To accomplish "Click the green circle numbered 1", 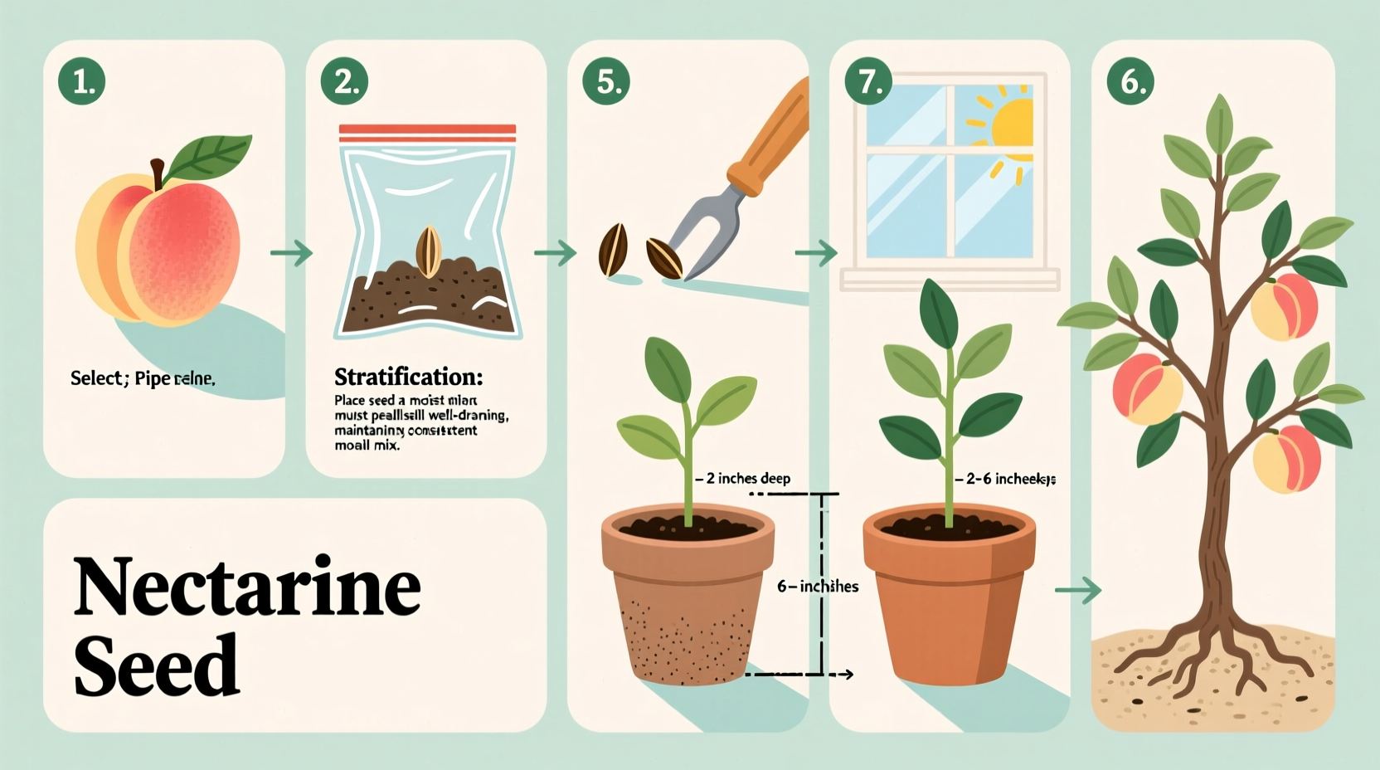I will [82, 81].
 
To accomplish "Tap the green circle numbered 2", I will [344, 81].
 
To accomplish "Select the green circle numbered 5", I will [606, 81].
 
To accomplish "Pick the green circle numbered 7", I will [868, 81].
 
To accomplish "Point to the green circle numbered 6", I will [1130, 81].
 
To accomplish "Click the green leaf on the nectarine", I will [210, 157].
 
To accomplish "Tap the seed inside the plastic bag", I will [428, 251].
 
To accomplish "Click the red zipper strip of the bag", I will [427, 133].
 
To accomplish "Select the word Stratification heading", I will [408, 378].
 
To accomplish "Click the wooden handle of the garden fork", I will [771, 137].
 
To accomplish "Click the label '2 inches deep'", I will [747, 479].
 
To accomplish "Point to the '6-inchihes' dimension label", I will [818, 587].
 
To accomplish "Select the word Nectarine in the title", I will [247, 587].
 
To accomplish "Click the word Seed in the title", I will [157, 665].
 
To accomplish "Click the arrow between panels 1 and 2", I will [292, 252].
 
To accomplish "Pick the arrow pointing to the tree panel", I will [1078, 590].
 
